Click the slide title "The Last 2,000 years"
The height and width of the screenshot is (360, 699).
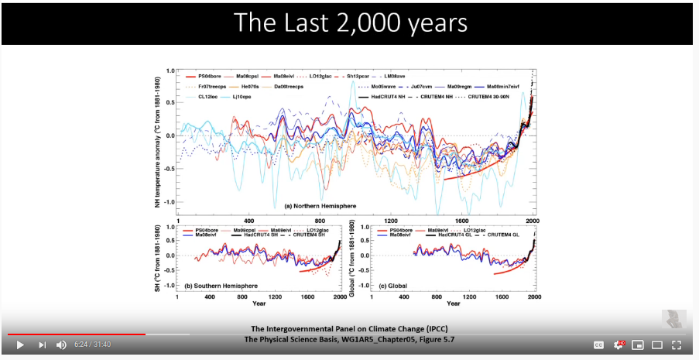(x=350, y=22)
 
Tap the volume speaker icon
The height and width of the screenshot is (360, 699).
(x=61, y=345)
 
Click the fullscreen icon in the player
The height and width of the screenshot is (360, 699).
(x=676, y=345)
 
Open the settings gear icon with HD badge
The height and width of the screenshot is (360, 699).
(x=618, y=345)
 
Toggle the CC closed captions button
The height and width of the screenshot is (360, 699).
(x=598, y=345)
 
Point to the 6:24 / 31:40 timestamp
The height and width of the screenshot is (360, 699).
(x=93, y=345)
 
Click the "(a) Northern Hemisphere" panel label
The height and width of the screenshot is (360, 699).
(x=320, y=206)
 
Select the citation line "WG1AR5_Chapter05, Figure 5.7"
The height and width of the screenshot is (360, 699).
(x=350, y=338)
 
